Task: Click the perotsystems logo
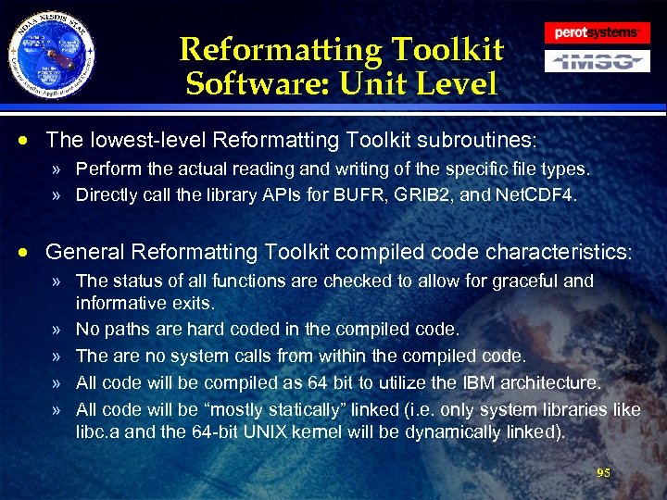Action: [597, 32]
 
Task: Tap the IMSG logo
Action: [597, 61]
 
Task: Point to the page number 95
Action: [604, 472]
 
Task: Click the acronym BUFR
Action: [359, 194]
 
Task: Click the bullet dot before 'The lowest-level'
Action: [31, 141]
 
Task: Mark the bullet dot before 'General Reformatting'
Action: [31, 252]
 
